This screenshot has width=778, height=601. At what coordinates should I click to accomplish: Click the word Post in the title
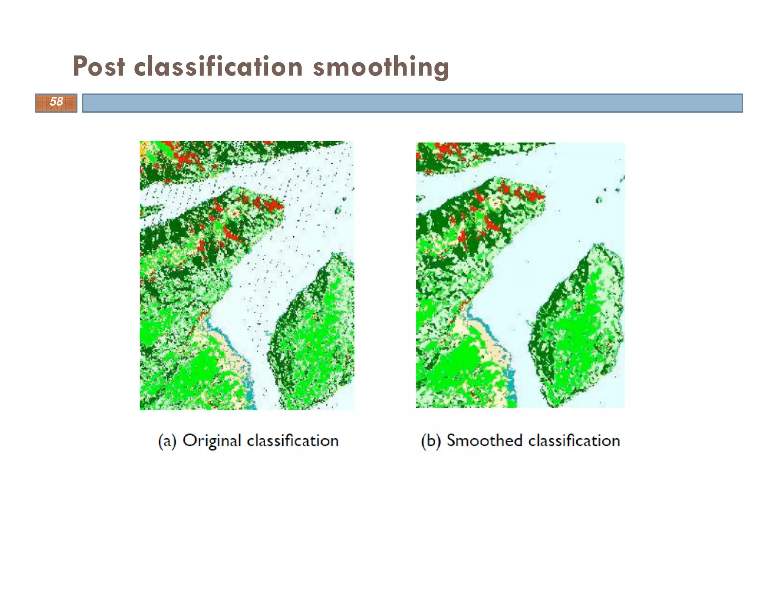point(99,67)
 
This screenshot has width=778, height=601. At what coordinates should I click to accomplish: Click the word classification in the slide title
point(218,67)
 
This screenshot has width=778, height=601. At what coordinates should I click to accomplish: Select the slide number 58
point(56,102)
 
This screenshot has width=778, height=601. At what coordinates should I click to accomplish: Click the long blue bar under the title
point(412,103)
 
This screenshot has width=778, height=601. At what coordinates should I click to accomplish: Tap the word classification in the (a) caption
point(293,441)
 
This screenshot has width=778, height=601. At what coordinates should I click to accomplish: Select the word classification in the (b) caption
point(574,441)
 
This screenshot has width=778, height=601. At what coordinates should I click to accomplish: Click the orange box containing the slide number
point(56,103)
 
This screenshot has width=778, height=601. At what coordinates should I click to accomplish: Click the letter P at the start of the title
point(80,67)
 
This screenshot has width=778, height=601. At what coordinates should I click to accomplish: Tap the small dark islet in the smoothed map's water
point(599,200)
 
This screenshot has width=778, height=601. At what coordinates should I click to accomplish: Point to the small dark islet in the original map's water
point(338,210)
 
